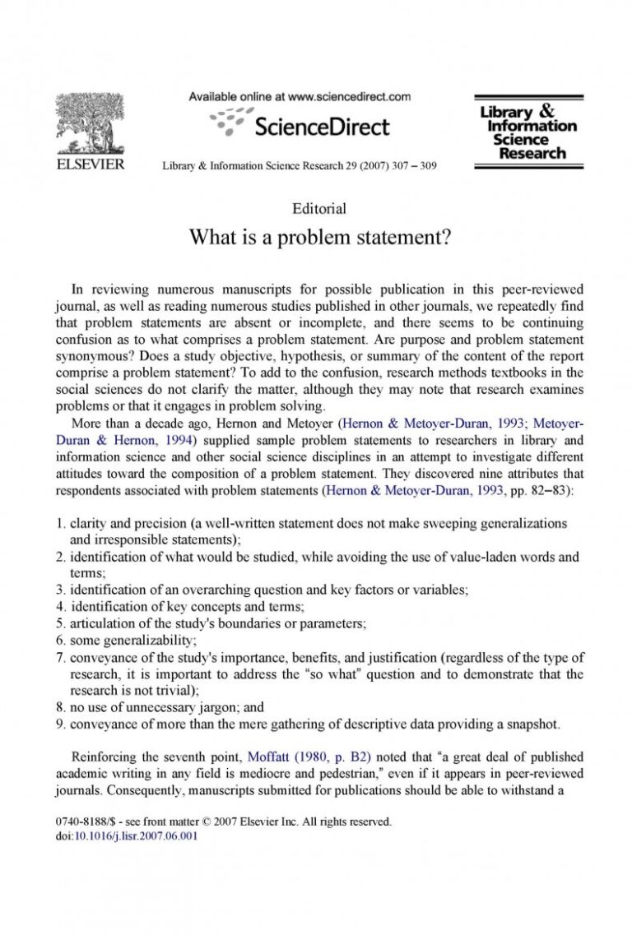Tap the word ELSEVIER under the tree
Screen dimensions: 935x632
click(x=90, y=164)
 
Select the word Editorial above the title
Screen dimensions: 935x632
click(x=319, y=209)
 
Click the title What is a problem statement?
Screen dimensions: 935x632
click(x=320, y=238)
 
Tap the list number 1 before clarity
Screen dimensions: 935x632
click(x=60, y=524)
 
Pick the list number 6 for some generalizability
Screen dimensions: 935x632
click(x=60, y=639)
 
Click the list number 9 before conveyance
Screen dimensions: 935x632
click(x=60, y=724)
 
